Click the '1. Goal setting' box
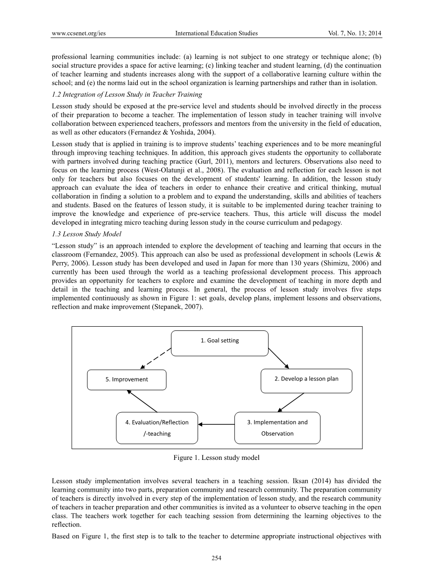point(220,343)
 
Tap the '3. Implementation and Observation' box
point(277,428)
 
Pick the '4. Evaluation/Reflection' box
point(157,428)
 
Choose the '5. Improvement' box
point(127,379)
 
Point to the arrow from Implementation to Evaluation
point(216,424)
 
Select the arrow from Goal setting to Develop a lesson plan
point(279,358)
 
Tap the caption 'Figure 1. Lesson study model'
point(216,458)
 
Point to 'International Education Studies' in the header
point(216,33)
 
